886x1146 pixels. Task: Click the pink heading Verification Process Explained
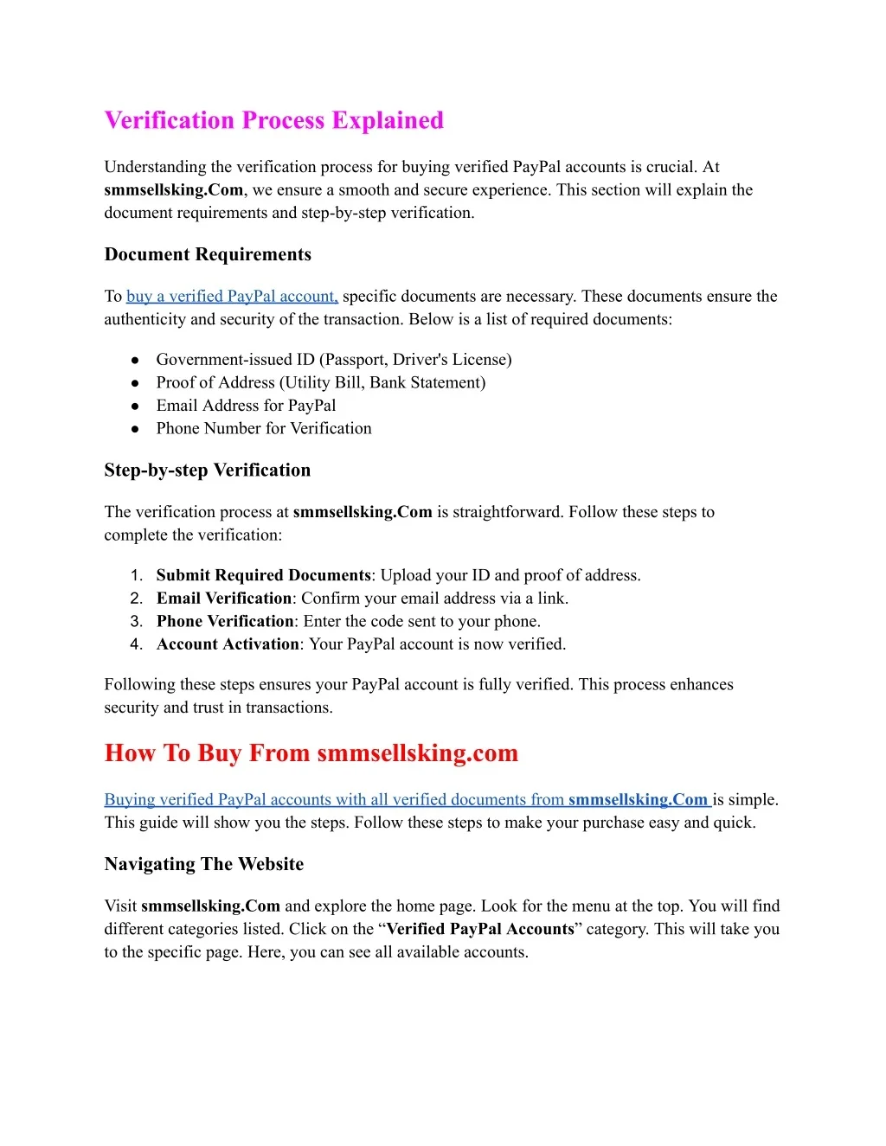pyautogui.click(x=273, y=120)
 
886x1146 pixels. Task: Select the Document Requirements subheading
pyautogui.click(x=208, y=254)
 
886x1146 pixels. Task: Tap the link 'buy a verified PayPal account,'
pyautogui.click(x=232, y=297)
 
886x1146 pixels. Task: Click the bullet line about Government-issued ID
pyautogui.click(x=333, y=360)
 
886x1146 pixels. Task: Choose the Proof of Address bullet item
pyautogui.click(x=320, y=382)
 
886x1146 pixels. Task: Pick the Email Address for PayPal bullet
pyautogui.click(x=246, y=406)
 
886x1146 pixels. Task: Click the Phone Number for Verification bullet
pyautogui.click(x=264, y=428)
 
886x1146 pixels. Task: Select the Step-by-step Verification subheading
pyautogui.click(x=208, y=471)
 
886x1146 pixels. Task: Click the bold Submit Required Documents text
pyautogui.click(x=263, y=575)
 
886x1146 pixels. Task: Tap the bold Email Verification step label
pyautogui.click(x=224, y=599)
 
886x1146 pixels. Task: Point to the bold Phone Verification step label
pyautogui.click(x=225, y=621)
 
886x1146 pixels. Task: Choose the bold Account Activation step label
pyautogui.click(x=228, y=644)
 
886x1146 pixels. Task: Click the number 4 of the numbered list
pyautogui.click(x=136, y=644)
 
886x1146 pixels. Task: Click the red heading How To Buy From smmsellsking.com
pyautogui.click(x=311, y=753)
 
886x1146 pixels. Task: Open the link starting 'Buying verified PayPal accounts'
pyautogui.click(x=407, y=800)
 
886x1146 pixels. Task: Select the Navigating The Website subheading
pyautogui.click(x=204, y=864)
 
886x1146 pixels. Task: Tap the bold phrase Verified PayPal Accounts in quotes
pyautogui.click(x=480, y=929)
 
